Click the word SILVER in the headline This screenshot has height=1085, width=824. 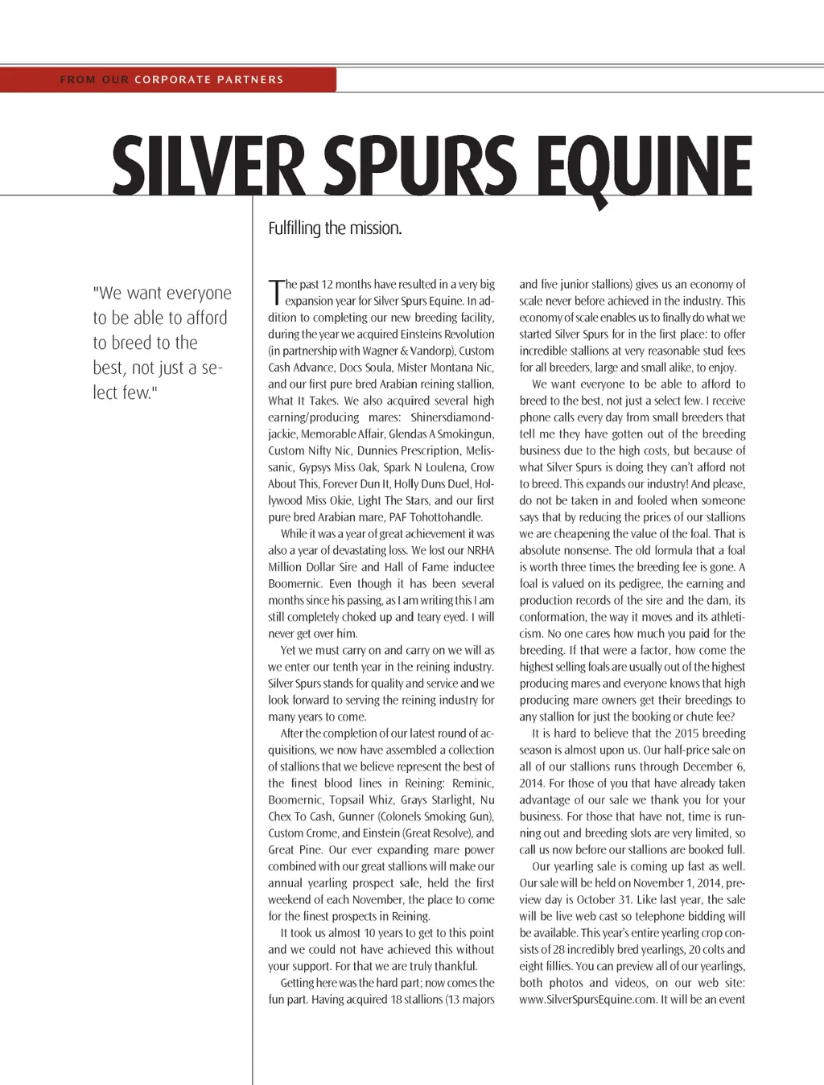(x=208, y=166)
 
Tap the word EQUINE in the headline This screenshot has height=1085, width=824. (x=644, y=166)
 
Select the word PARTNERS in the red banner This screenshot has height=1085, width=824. (x=250, y=80)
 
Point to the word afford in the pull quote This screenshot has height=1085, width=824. (x=207, y=318)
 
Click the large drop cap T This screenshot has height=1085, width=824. (x=276, y=291)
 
